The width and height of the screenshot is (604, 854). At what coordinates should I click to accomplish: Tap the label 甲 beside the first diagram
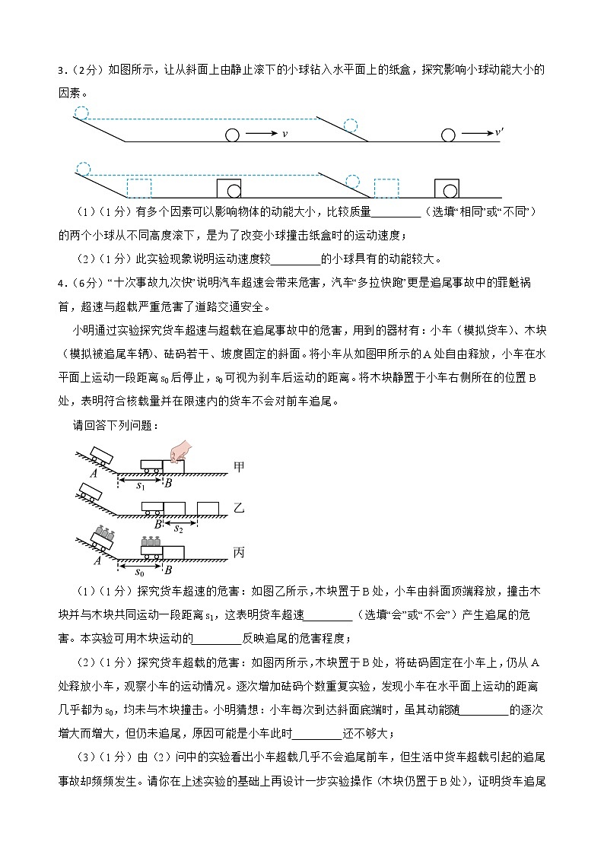click(238, 467)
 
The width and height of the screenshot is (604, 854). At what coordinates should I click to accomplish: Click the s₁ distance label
click(141, 484)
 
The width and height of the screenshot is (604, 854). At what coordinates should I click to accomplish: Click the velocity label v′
click(499, 132)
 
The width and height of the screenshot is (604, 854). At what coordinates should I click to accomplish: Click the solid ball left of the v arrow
click(232, 135)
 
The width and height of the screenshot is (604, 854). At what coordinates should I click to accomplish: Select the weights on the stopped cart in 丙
click(151, 541)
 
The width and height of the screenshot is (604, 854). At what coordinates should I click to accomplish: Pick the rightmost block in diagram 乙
click(208, 508)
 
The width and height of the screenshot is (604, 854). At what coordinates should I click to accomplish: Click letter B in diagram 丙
click(167, 570)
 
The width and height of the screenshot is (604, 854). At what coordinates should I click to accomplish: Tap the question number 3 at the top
click(61, 71)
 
